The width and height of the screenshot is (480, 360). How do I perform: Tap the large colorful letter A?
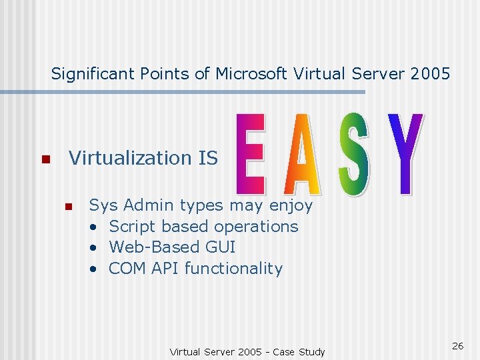[x=301, y=155]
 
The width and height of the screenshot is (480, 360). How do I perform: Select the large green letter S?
[x=353, y=155]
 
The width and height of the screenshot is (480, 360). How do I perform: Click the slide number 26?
[x=457, y=345]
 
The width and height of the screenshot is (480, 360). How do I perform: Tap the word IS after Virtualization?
[x=208, y=158]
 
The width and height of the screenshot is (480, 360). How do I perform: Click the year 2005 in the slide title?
[x=431, y=73]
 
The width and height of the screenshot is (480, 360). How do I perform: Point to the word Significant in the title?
[x=94, y=73]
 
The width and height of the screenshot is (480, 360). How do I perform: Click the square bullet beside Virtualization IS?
[x=45, y=160]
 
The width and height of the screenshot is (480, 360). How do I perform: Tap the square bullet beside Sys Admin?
[x=67, y=207]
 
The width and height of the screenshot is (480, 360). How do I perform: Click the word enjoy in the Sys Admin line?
[x=291, y=205]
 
